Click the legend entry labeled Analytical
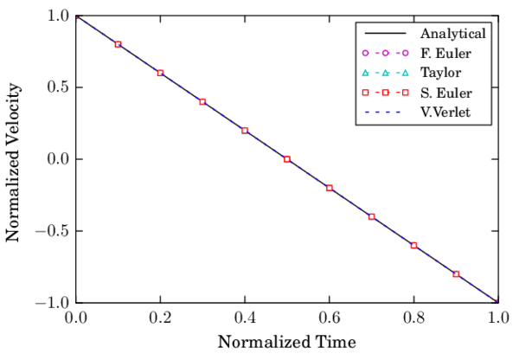tap(452, 35)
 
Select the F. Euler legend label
tap(445, 54)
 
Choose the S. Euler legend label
tap(445, 93)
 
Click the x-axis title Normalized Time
tap(286, 341)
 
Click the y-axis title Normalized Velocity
tap(14, 159)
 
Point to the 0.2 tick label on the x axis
tap(160, 317)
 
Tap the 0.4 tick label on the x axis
tap(245, 317)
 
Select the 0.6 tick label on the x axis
tap(330, 317)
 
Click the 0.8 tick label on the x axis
tap(413, 317)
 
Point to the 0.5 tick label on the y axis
tap(59, 87)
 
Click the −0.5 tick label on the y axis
tap(54, 231)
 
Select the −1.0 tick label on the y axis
tap(54, 303)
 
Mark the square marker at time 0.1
tap(119, 44)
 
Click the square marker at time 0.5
tap(287, 159)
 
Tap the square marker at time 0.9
tap(456, 274)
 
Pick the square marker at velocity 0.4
tap(202, 102)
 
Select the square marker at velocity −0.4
tap(372, 216)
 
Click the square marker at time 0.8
tap(413, 246)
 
